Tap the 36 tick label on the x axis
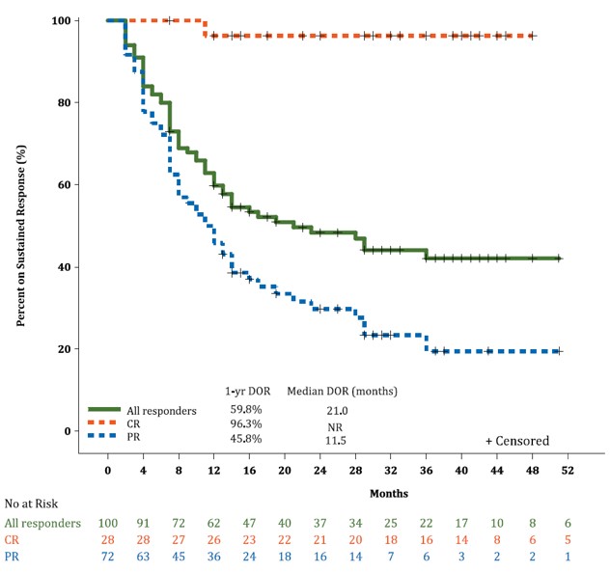coord(426,469)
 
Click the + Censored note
coord(517,441)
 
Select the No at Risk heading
coord(33,504)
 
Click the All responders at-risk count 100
coord(108,522)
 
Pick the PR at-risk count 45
coord(179,558)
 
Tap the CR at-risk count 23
coord(249,540)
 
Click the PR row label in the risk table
coord(13,558)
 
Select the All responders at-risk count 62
coord(213,522)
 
